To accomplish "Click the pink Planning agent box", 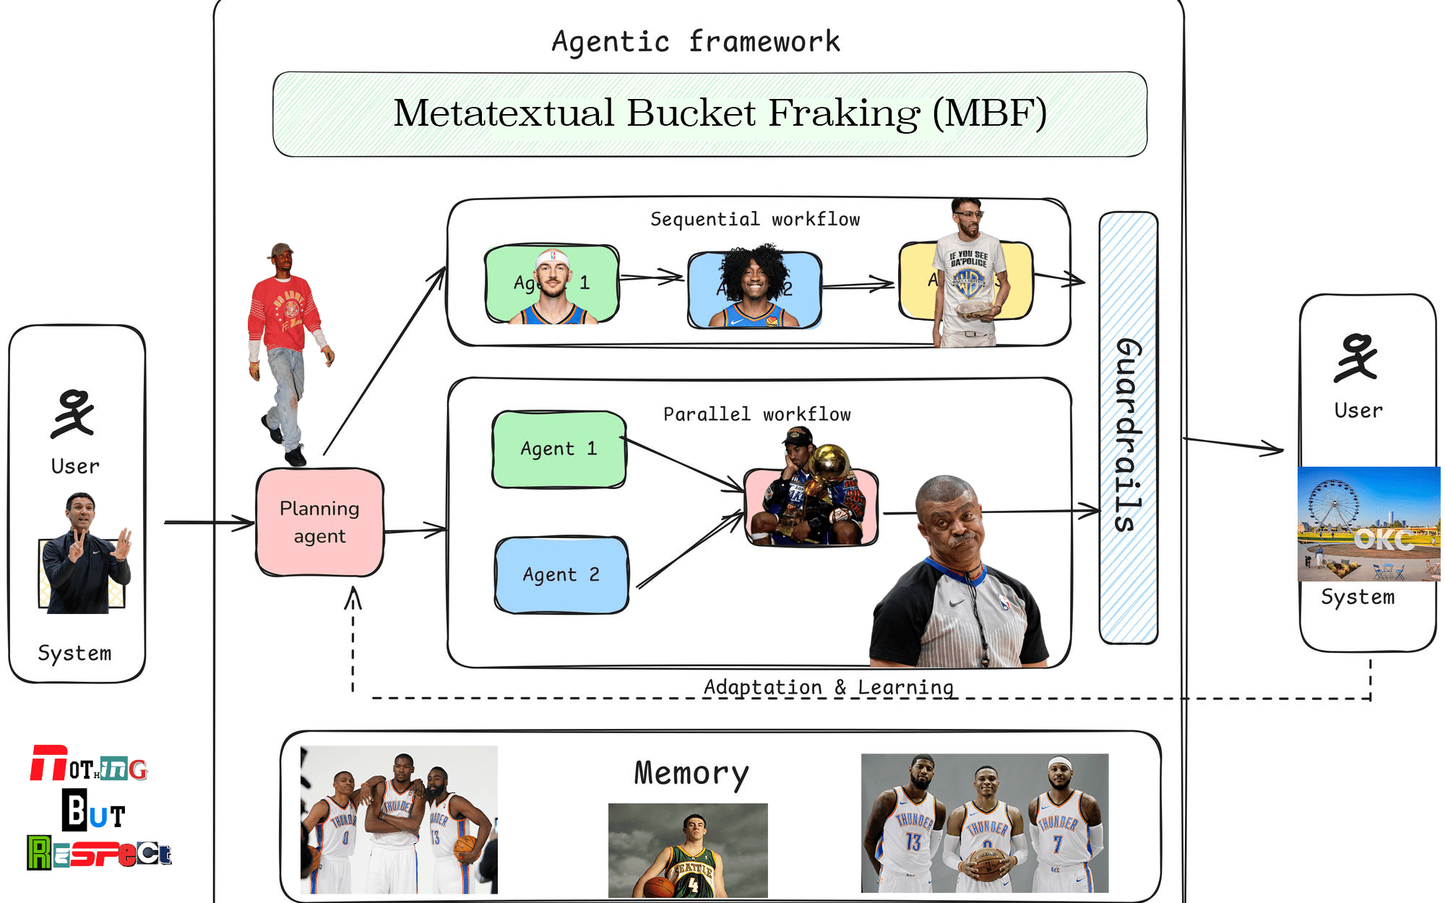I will [x=319, y=522].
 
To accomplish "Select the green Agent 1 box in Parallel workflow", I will [x=558, y=449].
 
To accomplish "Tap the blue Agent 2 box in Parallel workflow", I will [x=561, y=574].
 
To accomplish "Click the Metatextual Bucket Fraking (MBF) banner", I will [x=709, y=114].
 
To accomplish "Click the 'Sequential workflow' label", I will [x=755, y=219].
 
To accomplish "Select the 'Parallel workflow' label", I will [x=756, y=414].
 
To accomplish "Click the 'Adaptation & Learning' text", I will [x=828, y=686].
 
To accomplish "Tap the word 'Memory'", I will [x=691, y=773].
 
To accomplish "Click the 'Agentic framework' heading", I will [x=696, y=42].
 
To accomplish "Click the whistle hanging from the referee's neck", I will [x=984, y=658].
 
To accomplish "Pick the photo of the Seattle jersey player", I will [x=687, y=850].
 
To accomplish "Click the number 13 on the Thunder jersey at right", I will [x=913, y=842].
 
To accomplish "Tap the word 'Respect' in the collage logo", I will [x=100, y=853].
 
